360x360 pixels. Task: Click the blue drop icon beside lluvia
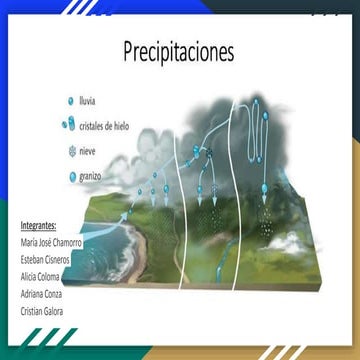click(x=70, y=102)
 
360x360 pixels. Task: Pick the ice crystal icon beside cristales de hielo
click(x=69, y=126)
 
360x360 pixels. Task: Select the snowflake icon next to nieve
click(x=70, y=151)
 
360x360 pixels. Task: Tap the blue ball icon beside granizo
click(x=71, y=177)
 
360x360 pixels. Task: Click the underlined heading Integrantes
click(x=38, y=225)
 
